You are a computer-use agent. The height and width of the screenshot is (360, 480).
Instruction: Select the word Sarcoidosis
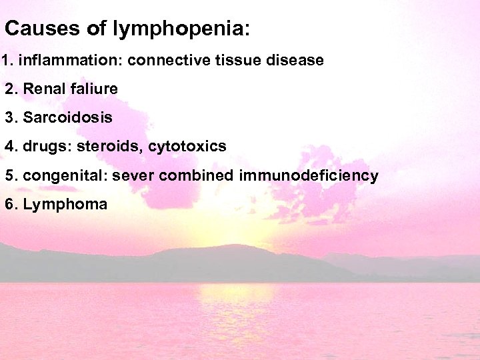[x=67, y=118]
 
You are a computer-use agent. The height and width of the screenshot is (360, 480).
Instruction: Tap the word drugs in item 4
[x=44, y=146]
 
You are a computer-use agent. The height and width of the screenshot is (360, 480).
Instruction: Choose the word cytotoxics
[x=187, y=147]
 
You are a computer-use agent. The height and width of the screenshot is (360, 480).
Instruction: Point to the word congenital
[x=64, y=176]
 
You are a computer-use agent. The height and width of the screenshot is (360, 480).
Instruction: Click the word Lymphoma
[x=65, y=205]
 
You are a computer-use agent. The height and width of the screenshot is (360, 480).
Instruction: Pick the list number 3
[x=9, y=118]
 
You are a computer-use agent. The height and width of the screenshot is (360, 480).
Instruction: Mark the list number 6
[x=9, y=205]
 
